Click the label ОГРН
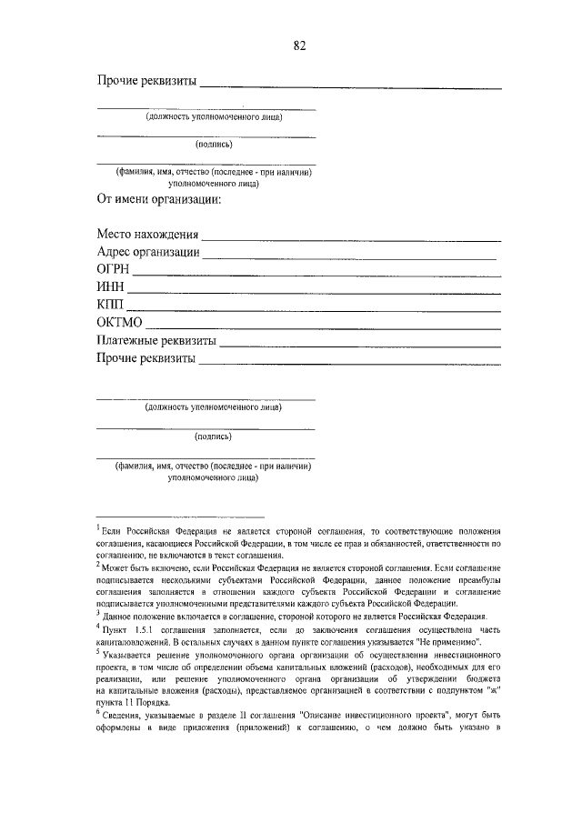pos(114,271)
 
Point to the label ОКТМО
pos(120,323)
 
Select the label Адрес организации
pos(148,254)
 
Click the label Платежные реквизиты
pos(156,340)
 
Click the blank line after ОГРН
pos(317,276)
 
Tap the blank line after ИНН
pos(314,293)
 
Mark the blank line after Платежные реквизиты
pos(360,345)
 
